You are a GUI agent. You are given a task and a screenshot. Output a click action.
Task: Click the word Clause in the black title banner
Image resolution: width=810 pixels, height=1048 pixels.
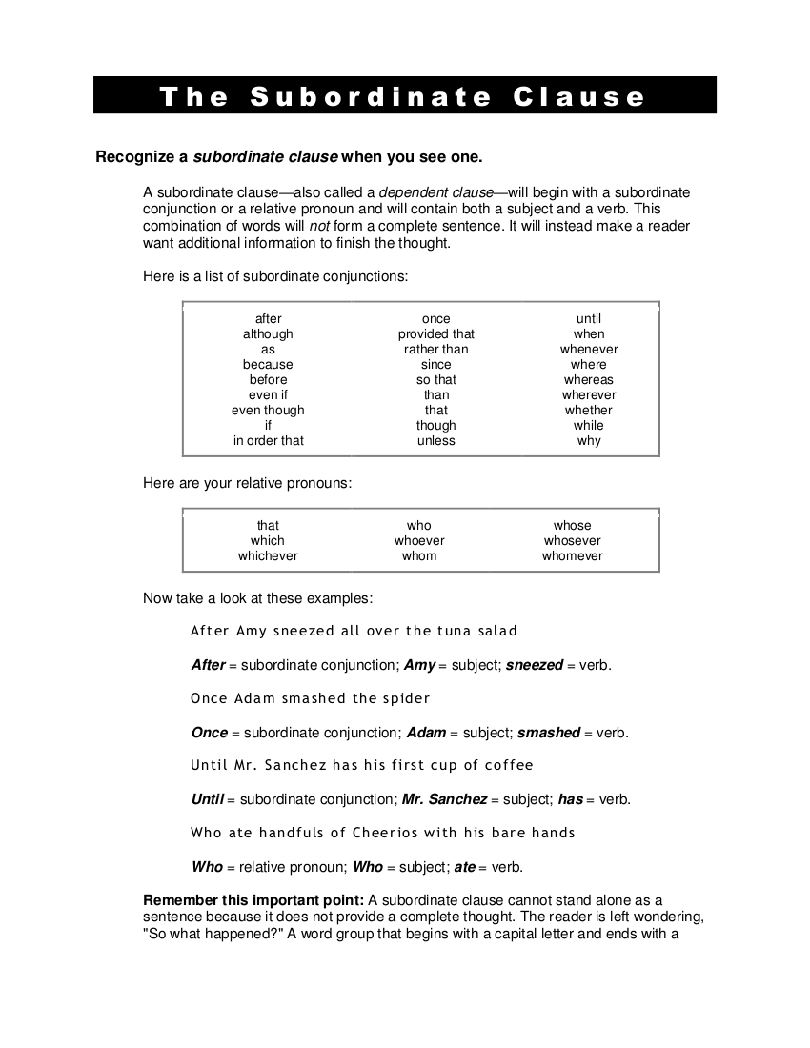579,96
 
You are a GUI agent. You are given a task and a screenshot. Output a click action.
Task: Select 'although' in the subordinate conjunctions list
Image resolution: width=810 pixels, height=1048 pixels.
268,334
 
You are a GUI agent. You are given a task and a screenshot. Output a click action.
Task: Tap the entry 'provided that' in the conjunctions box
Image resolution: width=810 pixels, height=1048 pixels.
436,334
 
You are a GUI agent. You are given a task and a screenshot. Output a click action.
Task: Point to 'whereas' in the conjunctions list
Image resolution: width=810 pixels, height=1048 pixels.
589,380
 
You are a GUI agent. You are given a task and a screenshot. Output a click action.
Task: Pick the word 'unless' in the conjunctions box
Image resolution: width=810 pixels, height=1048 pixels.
436,441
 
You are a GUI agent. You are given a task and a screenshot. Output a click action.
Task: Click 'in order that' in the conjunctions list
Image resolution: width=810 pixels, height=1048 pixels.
269,441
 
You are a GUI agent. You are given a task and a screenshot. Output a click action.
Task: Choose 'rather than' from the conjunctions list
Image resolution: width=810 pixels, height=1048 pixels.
436,350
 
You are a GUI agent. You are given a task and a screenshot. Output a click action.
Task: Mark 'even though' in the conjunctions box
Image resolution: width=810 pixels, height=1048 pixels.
269,411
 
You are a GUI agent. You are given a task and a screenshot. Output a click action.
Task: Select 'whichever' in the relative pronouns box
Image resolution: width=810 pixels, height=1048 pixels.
268,556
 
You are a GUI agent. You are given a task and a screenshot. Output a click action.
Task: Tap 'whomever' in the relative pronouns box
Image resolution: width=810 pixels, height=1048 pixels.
573,556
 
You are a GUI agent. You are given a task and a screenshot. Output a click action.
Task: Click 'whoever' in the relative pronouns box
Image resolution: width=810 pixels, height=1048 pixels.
419,541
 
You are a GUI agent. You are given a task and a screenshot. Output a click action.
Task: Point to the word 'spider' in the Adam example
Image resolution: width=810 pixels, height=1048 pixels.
406,698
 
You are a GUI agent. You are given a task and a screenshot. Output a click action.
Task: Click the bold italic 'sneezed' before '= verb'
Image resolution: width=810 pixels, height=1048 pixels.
535,665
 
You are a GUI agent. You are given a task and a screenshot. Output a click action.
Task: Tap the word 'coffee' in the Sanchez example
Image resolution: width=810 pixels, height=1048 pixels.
509,765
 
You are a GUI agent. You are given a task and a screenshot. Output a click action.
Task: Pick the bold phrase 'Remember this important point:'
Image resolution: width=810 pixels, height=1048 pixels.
253,900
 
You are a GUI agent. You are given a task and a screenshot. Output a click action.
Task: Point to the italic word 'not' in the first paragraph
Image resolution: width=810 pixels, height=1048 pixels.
318,227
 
